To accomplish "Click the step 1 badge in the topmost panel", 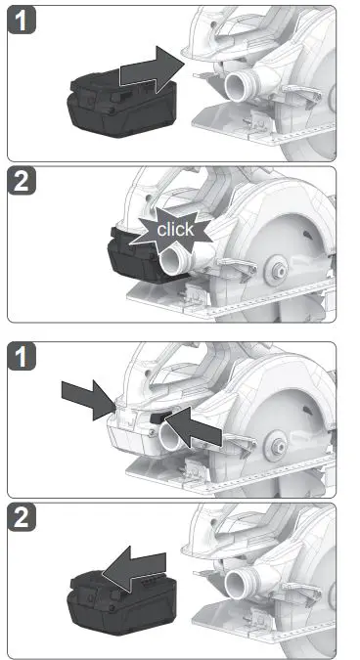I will (x=22, y=22).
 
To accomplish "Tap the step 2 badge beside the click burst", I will (x=22, y=185).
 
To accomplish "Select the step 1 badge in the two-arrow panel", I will (x=22, y=359).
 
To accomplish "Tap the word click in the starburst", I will (x=176, y=231).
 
